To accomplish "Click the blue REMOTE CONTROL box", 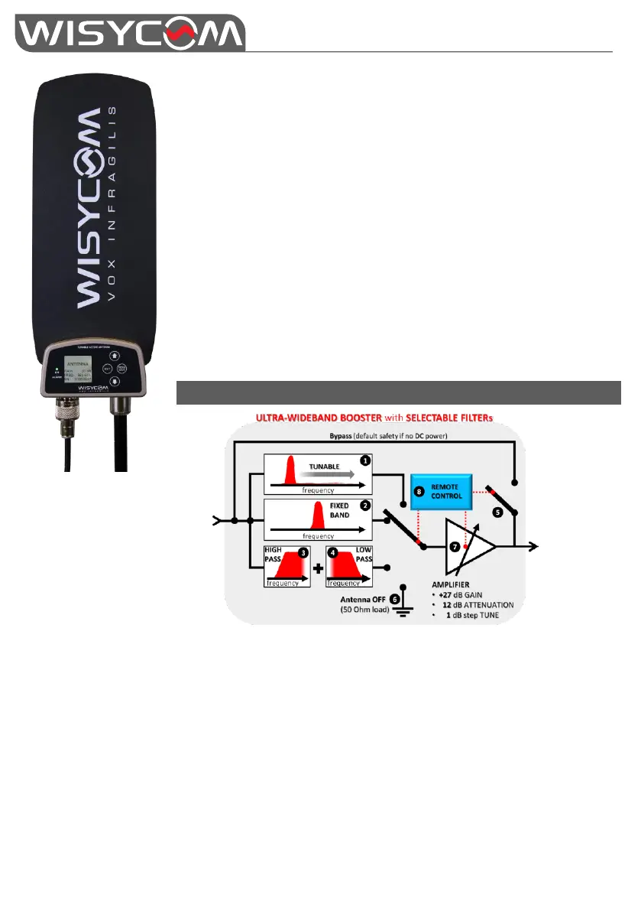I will tap(442, 492).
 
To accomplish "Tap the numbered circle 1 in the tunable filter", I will tap(366, 461).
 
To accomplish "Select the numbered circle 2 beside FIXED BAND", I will tap(366, 506).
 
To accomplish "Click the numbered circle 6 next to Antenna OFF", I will tap(395, 597).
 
